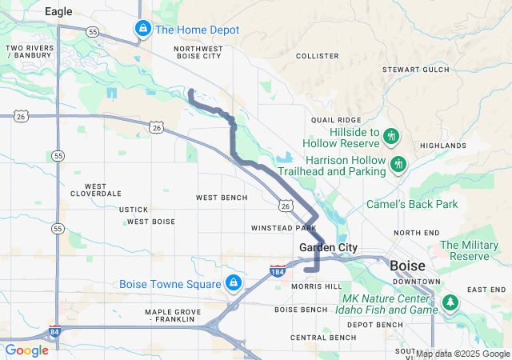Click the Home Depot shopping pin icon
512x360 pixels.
pyautogui.click(x=142, y=30)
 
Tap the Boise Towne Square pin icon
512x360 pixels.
pyautogui.click(x=234, y=283)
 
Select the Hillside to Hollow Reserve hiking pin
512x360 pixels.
pyautogui.click(x=391, y=135)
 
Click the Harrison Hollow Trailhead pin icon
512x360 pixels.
pyautogui.click(x=398, y=164)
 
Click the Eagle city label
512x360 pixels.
pyautogui.click(x=58, y=11)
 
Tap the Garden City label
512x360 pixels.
pyautogui.click(x=328, y=248)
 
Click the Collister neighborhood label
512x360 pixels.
pyautogui.click(x=318, y=56)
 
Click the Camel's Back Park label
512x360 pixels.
pyautogui.click(x=412, y=205)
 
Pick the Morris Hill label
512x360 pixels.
pyautogui.click(x=317, y=286)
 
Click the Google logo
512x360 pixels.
pyautogui.click(x=26, y=350)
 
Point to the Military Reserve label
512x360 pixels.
pyautogui.click(x=475, y=250)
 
